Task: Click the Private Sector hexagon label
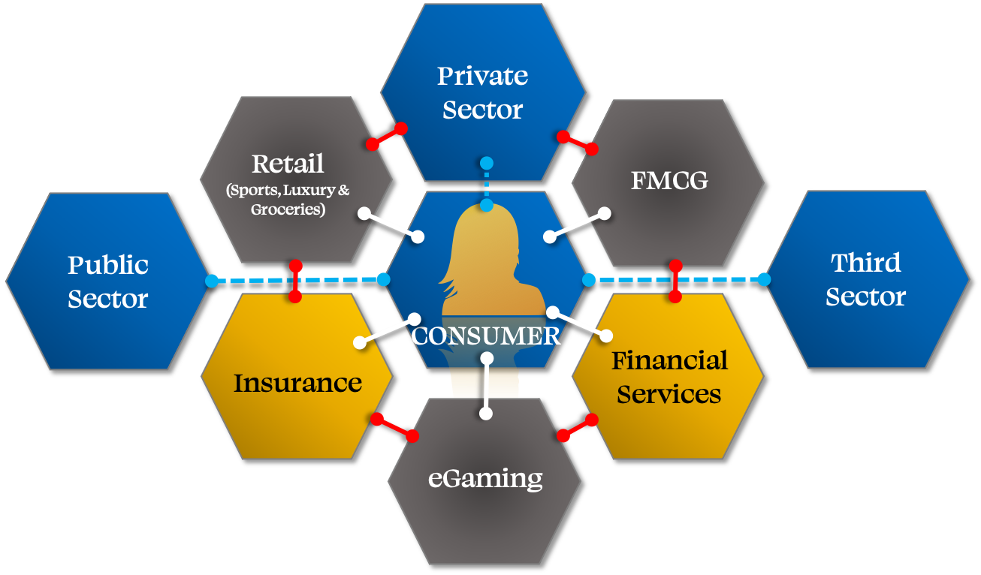coord(482,92)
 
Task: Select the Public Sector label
coord(108,281)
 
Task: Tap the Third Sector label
coord(866,279)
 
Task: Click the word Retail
coord(288,163)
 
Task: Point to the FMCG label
coord(669,181)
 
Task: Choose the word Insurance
coord(297,383)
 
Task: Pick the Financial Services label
coord(669,377)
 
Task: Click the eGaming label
coord(485,478)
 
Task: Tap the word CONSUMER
coord(486,336)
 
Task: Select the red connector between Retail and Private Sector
coord(386,136)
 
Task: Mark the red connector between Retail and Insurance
coord(295,281)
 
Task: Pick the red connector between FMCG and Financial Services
coord(675,281)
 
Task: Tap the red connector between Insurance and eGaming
coord(394,427)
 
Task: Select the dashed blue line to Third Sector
coord(676,279)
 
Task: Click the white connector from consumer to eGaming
coord(487,384)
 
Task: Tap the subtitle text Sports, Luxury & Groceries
coord(288,200)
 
